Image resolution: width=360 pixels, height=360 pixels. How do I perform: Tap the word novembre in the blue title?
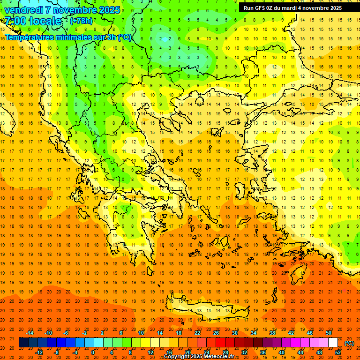pos(78,10)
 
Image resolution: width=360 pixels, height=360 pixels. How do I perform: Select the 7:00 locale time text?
pos(33,21)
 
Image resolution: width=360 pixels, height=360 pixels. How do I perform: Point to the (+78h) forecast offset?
pos(82,21)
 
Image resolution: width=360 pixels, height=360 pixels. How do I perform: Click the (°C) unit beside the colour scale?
pos(349,343)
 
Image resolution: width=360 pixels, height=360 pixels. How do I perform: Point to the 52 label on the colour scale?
pos(338,352)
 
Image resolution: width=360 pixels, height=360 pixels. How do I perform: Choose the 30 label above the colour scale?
pos(235,333)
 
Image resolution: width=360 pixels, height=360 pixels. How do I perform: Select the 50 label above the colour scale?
pos(329,333)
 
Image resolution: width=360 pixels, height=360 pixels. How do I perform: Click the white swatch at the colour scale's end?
pos(333,343)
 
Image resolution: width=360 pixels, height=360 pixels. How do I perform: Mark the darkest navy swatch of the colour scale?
pos(24,343)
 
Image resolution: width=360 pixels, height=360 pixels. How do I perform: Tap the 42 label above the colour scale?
pos(291,333)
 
